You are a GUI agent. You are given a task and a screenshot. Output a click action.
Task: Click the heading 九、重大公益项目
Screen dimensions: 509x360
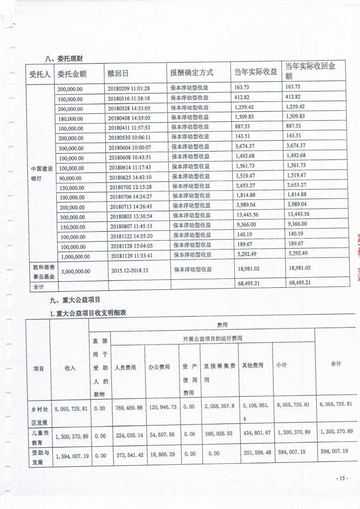[76, 300]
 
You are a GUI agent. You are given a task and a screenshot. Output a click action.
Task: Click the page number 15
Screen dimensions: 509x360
[341, 478]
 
